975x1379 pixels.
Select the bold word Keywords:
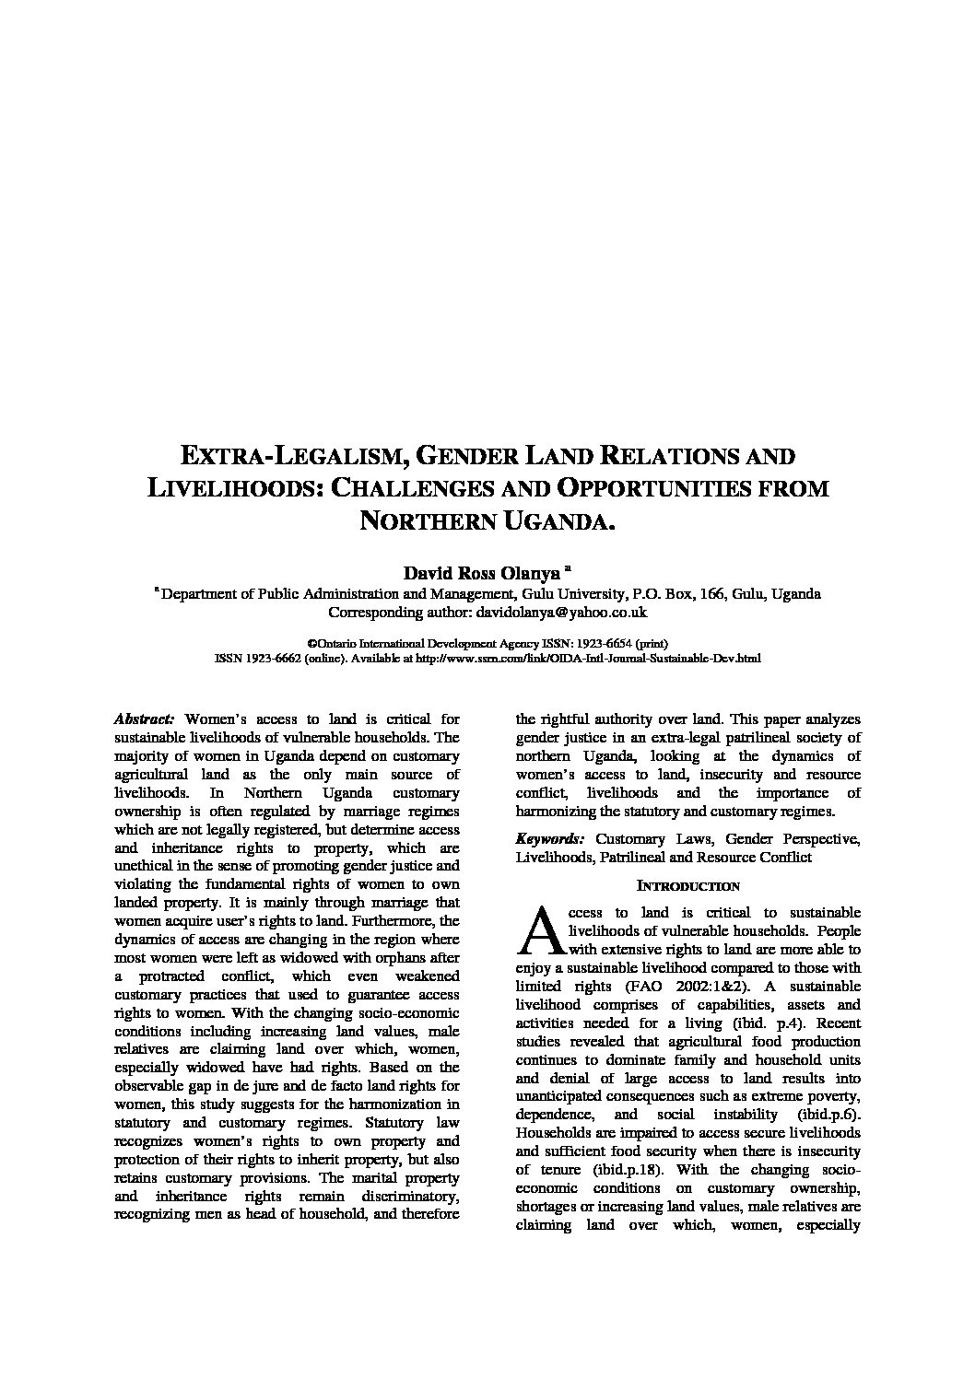[x=549, y=839]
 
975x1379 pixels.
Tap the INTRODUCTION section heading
[x=687, y=886]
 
